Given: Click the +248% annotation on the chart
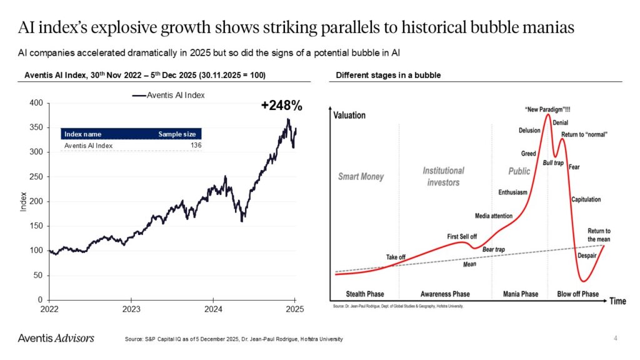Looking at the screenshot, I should pos(281,106).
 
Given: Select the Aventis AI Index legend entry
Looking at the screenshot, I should pos(168,95).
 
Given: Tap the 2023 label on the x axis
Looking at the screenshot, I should pos(131,309).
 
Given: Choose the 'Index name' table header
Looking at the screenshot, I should pos(83,134).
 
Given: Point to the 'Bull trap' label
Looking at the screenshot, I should pos(553,162).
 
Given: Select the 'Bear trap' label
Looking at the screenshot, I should pos(493,249).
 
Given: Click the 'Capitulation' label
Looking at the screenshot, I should pos(586,199).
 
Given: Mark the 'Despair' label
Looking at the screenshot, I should pos(587,256).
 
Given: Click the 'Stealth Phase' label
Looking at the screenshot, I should pos(365,294).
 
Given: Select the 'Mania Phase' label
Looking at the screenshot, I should pos(521,294).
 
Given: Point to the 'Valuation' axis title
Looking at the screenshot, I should pos(349,115).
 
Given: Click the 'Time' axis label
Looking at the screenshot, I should pos(617,301).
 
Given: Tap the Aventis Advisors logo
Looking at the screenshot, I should pos(56,338).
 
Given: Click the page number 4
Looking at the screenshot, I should pos(616,338).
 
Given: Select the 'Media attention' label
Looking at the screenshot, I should pos(494,216).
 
